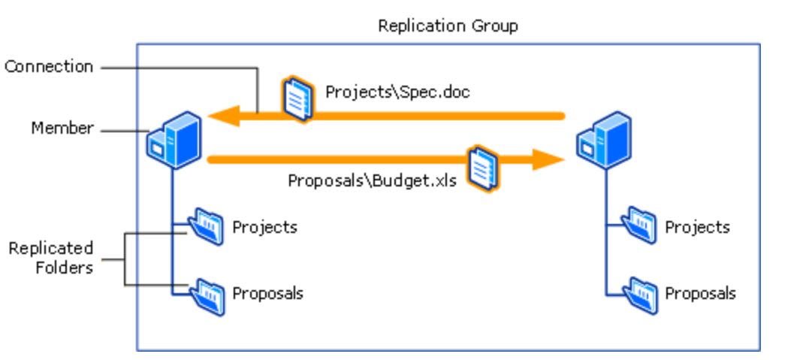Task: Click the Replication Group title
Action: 448,26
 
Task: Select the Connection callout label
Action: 49,67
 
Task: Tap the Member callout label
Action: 62,129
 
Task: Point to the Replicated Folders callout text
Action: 51,258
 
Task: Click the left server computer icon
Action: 174,139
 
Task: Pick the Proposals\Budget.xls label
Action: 372,181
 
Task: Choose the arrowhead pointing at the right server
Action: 548,159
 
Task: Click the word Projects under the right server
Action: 697,227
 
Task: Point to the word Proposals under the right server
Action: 700,294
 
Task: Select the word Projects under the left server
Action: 264,227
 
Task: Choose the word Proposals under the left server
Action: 267,294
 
